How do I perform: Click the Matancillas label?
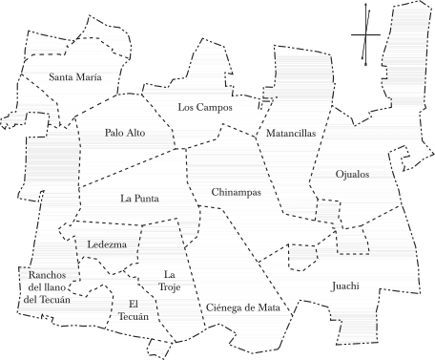[x=292, y=134]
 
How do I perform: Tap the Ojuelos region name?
[x=353, y=174]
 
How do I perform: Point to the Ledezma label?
[x=107, y=244]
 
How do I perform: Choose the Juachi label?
[x=346, y=286]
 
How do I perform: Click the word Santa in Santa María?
[x=65, y=76]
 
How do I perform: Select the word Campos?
[x=220, y=108]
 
